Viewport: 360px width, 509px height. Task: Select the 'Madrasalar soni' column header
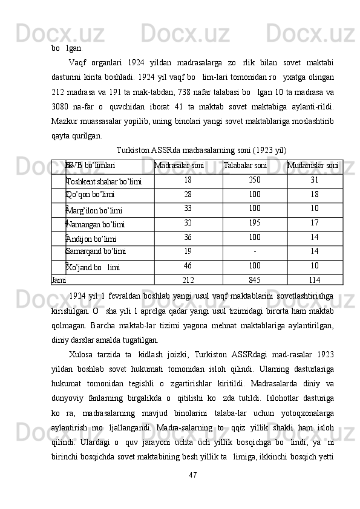coord(179,164)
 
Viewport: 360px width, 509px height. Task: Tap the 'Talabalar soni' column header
coord(245,164)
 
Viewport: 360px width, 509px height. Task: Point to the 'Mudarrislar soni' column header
coord(313,164)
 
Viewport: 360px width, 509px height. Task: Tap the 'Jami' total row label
coord(59,280)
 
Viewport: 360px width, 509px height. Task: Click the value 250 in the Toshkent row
coord(254,180)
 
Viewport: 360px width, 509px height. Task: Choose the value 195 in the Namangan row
coord(254,222)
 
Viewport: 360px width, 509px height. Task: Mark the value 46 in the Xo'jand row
coord(188,265)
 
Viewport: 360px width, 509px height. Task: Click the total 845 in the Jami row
coord(254,280)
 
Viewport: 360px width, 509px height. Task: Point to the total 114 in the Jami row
coord(314,280)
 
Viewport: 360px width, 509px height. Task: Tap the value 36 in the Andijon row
coord(188,237)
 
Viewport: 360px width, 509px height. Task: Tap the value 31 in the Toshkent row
coord(314,180)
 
